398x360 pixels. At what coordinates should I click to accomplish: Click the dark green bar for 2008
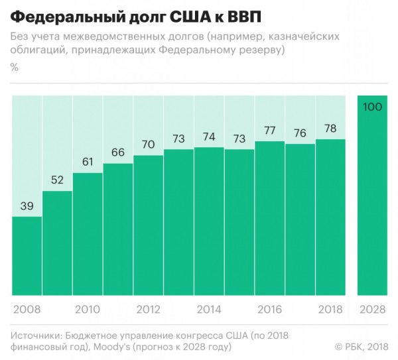tap(27, 256)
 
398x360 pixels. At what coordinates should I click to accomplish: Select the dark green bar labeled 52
tap(57, 243)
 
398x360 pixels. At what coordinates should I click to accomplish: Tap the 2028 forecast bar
tap(372, 196)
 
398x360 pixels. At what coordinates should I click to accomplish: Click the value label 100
tap(372, 107)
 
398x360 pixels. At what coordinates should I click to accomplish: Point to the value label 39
tap(27, 206)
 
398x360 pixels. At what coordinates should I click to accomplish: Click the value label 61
tap(88, 162)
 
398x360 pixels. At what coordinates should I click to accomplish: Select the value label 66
tap(118, 152)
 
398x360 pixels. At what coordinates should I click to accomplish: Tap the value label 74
tap(209, 137)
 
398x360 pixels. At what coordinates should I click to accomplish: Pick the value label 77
tap(270, 131)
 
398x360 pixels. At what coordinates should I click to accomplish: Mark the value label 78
tap(330, 129)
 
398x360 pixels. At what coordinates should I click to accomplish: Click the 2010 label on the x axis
tap(88, 310)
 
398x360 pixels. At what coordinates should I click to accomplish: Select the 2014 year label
tap(209, 310)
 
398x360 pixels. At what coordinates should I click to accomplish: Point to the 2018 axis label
tap(330, 310)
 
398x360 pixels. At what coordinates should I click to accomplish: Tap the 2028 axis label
tap(372, 310)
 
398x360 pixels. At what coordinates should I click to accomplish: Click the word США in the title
tap(190, 17)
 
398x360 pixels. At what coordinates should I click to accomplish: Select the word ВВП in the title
tap(244, 17)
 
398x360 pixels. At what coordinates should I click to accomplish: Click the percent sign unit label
tap(15, 68)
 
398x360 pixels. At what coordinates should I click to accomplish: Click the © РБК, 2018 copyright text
tap(362, 347)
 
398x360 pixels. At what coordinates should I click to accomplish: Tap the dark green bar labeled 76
tap(300, 219)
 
